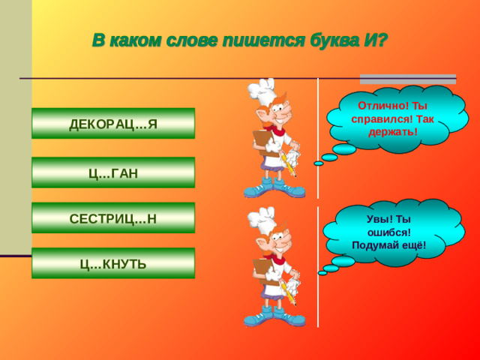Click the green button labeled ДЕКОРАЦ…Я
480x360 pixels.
point(112,124)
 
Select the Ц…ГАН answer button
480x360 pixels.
point(112,174)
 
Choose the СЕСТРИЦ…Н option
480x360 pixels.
point(112,219)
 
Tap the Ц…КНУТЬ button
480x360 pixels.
point(112,264)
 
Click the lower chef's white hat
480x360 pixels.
point(265,220)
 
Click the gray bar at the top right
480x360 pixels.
point(408,78)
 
